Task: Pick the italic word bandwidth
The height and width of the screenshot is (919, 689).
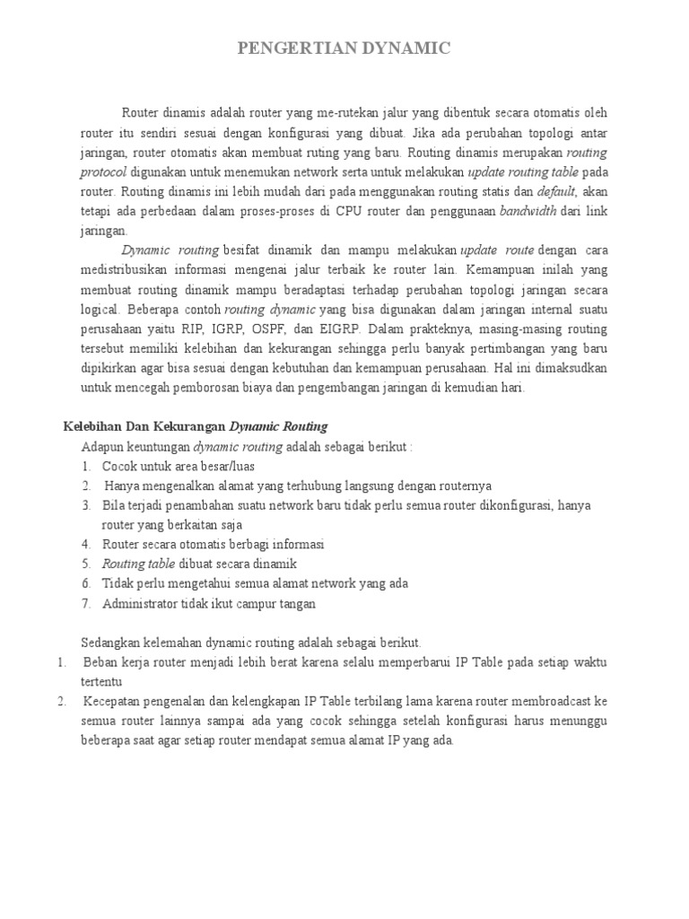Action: click(528, 211)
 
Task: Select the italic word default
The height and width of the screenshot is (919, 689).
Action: click(555, 191)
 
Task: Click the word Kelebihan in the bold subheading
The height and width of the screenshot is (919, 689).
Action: click(89, 426)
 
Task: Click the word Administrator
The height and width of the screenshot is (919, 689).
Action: click(140, 604)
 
